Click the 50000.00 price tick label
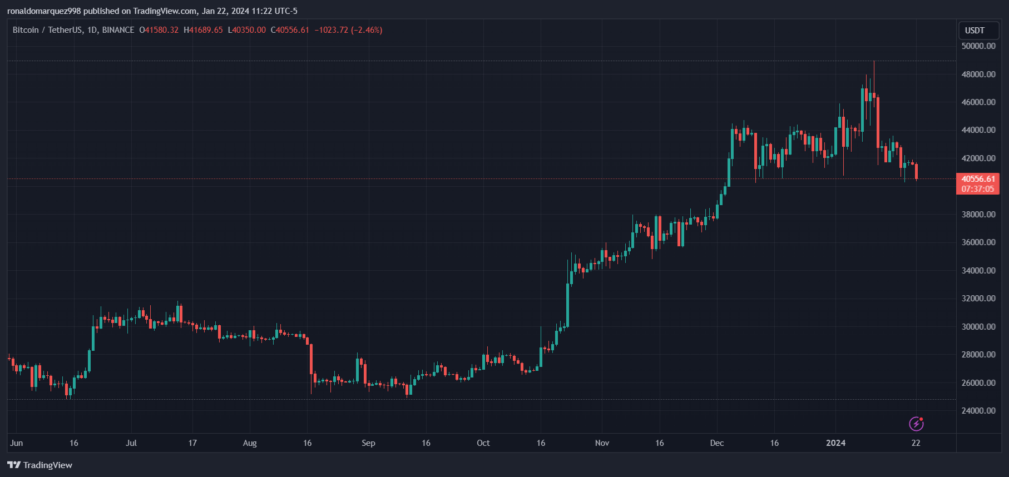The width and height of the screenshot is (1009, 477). point(978,46)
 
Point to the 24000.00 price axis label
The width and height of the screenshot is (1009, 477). point(978,411)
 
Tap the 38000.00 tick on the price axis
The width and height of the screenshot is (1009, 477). point(978,215)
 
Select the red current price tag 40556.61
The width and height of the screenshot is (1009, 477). point(978,179)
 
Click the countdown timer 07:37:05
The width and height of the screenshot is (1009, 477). point(978,189)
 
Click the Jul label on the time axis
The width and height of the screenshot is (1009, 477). point(131,443)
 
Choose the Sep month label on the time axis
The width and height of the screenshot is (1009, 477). point(368,443)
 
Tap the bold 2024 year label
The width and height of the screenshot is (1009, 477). point(835,443)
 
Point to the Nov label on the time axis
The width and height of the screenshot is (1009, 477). point(602,443)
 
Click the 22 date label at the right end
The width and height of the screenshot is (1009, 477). point(916,443)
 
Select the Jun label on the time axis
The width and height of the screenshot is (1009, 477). point(17,443)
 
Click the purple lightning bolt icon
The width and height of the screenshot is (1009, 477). point(916,424)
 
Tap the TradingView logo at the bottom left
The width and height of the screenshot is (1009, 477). point(40,465)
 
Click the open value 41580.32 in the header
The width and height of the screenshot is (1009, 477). point(161,30)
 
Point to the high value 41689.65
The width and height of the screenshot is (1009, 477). point(206,30)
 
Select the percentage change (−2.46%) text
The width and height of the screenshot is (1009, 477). point(367,30)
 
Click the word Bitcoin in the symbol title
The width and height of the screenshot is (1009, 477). point(26,30)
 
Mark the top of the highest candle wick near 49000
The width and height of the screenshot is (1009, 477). point(874,62)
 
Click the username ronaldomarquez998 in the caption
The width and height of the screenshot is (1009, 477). point(44,11)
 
